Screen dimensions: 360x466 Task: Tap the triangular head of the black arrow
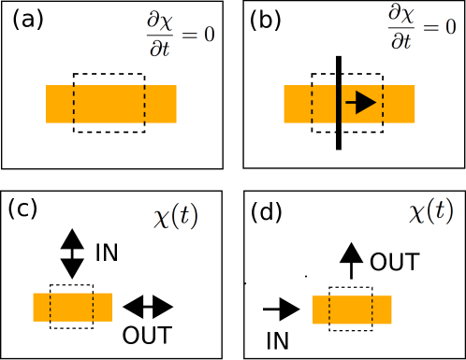pyautogui.click(x=366, y=103)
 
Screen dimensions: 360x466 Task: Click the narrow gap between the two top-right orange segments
pyautogui.click(x=339, y=104)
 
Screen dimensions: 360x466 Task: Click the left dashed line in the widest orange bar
pyautogui.click(x=74, y=104)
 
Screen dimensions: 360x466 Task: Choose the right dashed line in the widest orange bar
pyautogui.click(x=145, y=104)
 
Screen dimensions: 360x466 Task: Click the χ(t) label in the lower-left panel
pyautogui.click(x=176, y=216)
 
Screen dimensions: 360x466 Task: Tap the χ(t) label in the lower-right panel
pyautogui.click(x=431, y=210)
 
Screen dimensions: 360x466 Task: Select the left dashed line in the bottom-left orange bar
pyautogui.click(x=50, y=307)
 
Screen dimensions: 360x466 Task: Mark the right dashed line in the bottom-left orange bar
pyautogui.click(x=93, y=307)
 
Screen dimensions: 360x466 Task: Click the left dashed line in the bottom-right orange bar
pyautogui.click(x=329, y=310)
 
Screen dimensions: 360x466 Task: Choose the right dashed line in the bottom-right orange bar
pyautogui.click(x=372, y=310)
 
